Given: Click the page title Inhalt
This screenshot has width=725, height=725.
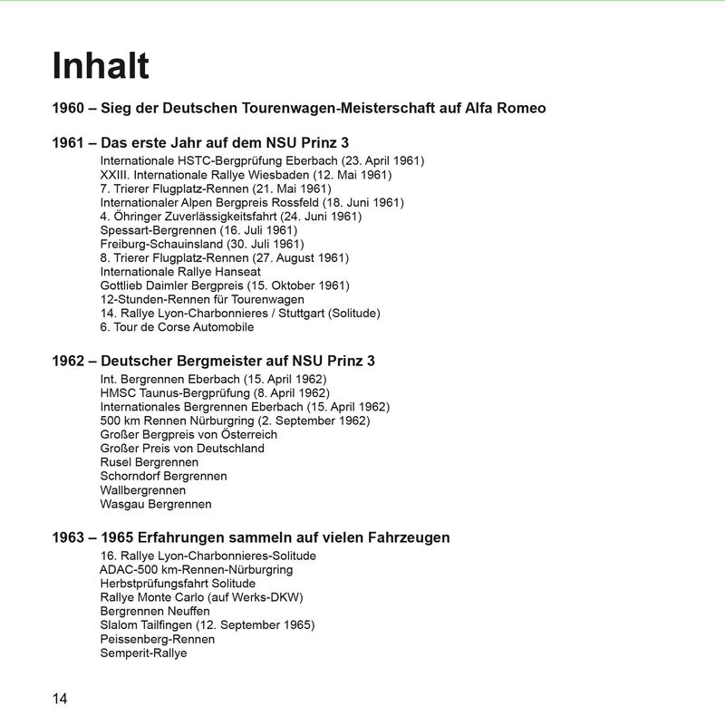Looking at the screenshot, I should coord(101,66).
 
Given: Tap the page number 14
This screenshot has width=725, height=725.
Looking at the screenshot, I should coord(60,698).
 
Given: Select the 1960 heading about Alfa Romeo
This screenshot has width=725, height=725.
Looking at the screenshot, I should coord(299,109).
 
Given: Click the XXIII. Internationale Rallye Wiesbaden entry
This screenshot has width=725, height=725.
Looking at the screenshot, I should coord(246,175).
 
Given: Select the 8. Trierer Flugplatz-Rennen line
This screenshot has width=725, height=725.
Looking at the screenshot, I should coord(224,257).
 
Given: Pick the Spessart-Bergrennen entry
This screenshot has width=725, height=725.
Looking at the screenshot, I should coord(198,230).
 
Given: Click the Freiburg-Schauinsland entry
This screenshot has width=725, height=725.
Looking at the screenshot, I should coord(202,244).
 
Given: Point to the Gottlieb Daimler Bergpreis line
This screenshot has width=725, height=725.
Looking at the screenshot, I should coord(224,285).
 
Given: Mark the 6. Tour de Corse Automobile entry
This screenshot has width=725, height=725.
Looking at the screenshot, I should coord(177,326).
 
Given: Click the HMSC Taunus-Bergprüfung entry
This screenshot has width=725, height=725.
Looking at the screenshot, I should coord(215,393).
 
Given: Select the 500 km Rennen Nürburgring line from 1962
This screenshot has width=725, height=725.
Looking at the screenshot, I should coord(235,420).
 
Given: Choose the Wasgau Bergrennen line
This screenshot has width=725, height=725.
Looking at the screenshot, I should coord(156,504).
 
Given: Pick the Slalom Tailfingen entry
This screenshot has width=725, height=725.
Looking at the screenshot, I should coord(208,625).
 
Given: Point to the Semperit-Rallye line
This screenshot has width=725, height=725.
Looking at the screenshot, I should coord(143,652).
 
